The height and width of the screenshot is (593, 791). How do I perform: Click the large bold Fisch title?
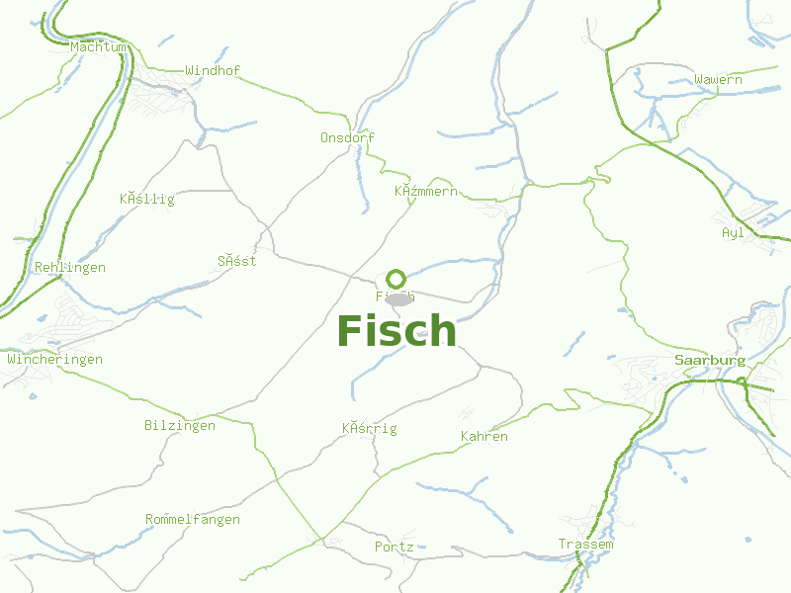click(396, 330)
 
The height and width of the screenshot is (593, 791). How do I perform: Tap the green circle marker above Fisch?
click(396, 279)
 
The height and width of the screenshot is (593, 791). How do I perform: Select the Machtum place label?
click(99, 46)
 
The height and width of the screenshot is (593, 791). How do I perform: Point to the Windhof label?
click(213, 70)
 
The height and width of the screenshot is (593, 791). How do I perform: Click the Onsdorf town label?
click(347, 137)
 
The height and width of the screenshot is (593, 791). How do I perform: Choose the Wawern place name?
click(718, 79)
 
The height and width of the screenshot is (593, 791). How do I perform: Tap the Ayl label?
click(733, 232)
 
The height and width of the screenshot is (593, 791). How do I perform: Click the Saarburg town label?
click(710, 360)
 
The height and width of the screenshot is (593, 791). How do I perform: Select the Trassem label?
click(585, 545)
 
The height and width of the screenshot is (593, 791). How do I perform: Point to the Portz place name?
click(394, 547)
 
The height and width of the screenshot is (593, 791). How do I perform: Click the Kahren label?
click(484, 436)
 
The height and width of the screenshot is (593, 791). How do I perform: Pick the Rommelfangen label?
click(192, 519)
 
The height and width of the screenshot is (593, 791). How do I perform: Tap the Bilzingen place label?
click(179, 426)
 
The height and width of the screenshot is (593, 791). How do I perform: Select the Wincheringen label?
click(54, 359)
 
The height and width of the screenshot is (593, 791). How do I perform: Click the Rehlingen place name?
click(69, 267)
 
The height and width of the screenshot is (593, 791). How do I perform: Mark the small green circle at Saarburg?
click(742, 381)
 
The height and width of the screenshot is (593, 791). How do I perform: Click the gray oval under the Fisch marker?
click(398, 298)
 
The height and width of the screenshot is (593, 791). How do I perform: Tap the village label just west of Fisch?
click(237, 261)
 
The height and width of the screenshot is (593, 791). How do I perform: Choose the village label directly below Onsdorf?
click(426, 191)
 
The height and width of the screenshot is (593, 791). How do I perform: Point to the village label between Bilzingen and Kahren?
click(369, 428)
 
